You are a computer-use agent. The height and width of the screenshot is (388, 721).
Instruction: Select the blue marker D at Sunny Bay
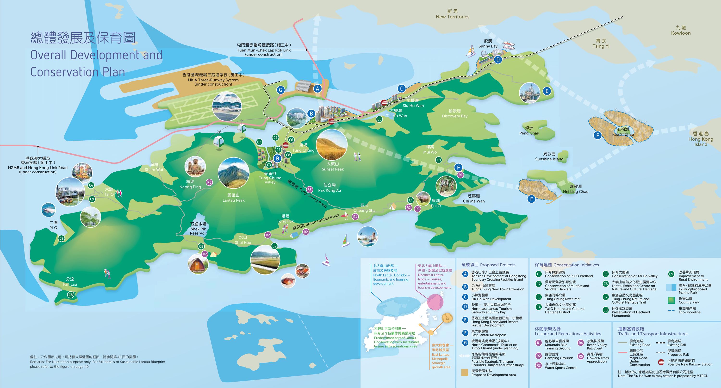tap(498, 59)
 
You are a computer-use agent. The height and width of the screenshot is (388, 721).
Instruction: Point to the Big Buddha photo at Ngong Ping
tap(195, 167)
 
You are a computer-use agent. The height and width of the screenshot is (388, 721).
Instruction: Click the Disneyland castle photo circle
tap(529, 93)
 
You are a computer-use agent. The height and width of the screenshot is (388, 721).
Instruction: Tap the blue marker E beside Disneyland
tap(547, 91)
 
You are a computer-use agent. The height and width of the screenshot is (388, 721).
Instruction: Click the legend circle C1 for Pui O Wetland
tap(539, 274)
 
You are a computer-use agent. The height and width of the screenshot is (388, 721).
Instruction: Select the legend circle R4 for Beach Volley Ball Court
tap(581, 343)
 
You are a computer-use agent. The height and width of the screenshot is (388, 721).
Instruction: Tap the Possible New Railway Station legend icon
tap(661, 362)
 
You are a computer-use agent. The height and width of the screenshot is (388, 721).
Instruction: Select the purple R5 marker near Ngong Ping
tap(209, 182)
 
